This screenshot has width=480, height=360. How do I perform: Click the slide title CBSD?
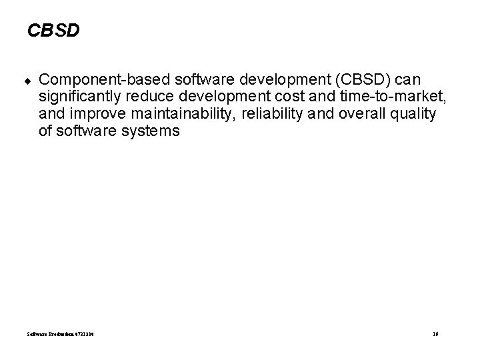(53, 31)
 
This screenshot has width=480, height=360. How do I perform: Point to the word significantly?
(77, 97)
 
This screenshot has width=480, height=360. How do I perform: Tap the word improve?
(95, 115)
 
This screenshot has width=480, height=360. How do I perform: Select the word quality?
(414, 115)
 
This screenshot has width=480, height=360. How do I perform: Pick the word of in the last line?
(45, 131)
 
